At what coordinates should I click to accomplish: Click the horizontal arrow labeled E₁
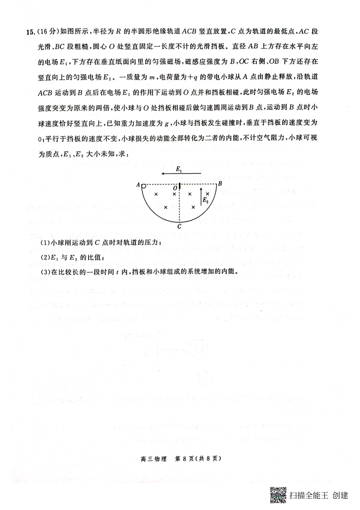(181, 174)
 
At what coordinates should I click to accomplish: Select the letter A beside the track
(138, 185)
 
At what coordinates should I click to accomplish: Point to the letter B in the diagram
(220, 184)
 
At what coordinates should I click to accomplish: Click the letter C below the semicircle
(179, 227)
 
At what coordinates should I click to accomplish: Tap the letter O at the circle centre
(175, 188)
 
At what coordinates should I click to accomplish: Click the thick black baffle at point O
(179, 186)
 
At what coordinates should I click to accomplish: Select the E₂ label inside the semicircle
(205, 200)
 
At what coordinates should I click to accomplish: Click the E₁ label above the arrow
(179, 169)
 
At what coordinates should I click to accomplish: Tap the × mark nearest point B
(207, 194)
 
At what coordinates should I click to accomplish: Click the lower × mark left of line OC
(165, 207)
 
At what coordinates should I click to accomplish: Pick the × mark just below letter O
(174, 194)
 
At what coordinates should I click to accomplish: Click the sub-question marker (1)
(44, 243)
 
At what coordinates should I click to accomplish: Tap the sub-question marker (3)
(44, 272)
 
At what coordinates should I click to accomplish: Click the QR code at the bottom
(278, 495)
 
